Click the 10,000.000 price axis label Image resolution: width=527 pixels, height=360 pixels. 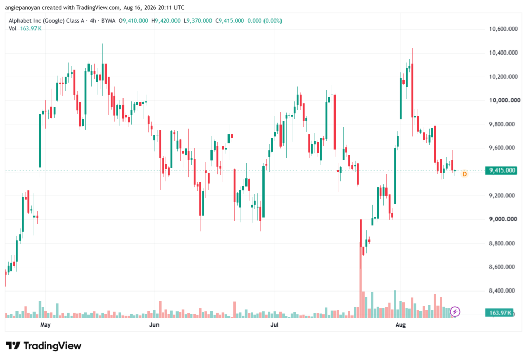(504, 100)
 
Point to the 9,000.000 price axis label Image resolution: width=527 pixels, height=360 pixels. (503, 219)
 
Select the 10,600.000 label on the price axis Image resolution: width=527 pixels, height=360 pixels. (503, 29)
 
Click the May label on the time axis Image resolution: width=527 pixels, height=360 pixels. (45, 324)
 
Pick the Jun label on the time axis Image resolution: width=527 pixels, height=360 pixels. (154, 324)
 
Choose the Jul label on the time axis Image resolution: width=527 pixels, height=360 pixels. (275, 324)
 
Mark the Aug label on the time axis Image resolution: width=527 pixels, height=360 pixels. (400, 324)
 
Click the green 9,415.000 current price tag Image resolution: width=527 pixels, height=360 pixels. (500, 170)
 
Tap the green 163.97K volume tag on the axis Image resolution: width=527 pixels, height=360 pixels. (499, 313)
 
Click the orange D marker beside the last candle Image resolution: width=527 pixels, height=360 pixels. (465, 174)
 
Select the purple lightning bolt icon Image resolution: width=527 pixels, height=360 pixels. (455, 312)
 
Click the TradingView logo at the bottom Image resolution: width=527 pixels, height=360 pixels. (44, 346)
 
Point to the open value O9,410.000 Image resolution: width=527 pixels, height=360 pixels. (133, 21)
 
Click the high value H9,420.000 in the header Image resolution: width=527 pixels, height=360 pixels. (166, 21)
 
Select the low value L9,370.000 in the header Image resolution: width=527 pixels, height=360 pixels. (198, 21)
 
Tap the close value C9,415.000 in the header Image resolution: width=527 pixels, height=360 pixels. (230, 21)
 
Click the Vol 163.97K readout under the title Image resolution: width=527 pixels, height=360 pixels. (25, 29)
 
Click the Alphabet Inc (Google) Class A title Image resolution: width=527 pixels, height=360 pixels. (46, 21)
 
